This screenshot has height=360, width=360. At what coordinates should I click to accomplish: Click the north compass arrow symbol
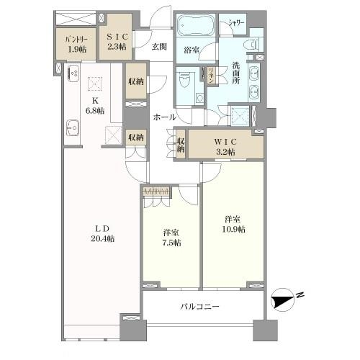click(286, 297)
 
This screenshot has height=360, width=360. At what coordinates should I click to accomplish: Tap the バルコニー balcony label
click(199, 307)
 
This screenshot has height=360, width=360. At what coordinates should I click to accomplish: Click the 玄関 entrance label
click(160, 47)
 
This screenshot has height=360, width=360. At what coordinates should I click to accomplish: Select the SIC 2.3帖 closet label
click(116, 42)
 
